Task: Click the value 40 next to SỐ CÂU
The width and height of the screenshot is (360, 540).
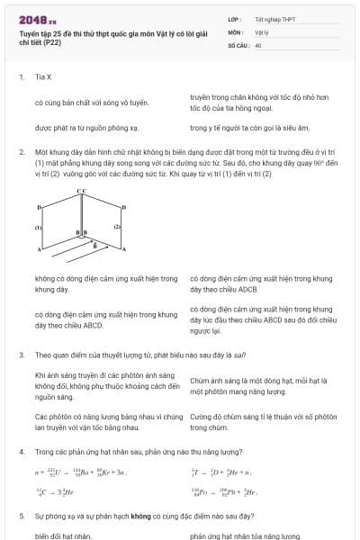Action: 258,44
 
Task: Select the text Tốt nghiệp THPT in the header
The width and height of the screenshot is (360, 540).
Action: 274,18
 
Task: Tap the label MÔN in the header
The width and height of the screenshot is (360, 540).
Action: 235,31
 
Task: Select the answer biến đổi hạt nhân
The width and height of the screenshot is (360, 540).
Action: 63,535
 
